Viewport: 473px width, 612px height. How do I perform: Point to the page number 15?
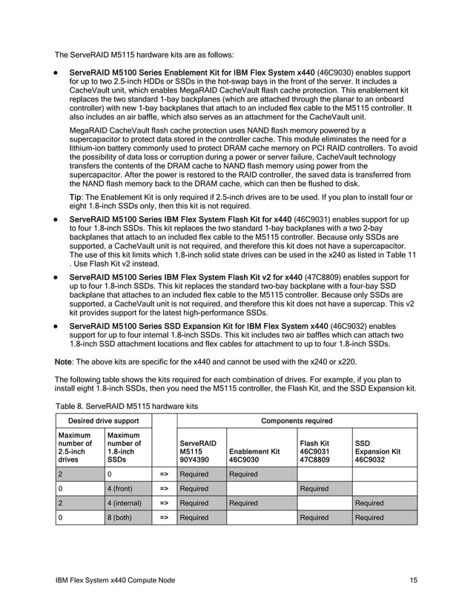pyautogui.click(x=413, y=579)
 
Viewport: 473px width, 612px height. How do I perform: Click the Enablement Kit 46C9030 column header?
pyautogui.click(x=254, y=455)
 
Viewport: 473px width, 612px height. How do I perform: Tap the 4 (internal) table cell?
pyautogui.click(x=127, y=503)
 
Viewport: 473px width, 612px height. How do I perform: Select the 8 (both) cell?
pyautogui.click(x=122, y=517)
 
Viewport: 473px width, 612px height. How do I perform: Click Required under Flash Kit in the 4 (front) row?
pyautogui.click(x=314, y=488)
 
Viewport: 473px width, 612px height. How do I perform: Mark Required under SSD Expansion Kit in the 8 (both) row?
pyautogui.click(x=369, y=517)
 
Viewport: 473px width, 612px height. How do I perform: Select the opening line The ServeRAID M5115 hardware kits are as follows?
pyautogui.click(x=145, y=55)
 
